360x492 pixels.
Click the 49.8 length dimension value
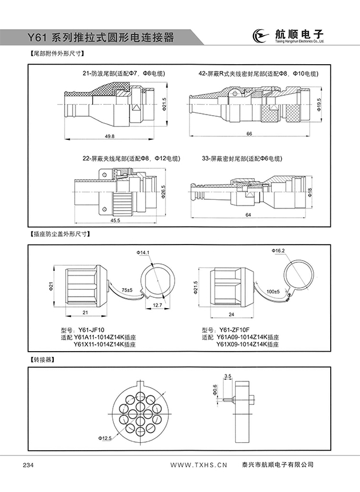tap(110, 136)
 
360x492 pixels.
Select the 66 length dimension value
tap(250, 133)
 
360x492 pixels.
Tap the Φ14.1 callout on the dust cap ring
tap(143, 253)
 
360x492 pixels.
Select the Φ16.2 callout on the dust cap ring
tap(279, 250)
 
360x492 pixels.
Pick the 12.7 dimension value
tap(157, 306)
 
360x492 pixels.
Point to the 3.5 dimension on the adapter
tap(228, 376)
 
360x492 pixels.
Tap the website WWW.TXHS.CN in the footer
tap(199, 465)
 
